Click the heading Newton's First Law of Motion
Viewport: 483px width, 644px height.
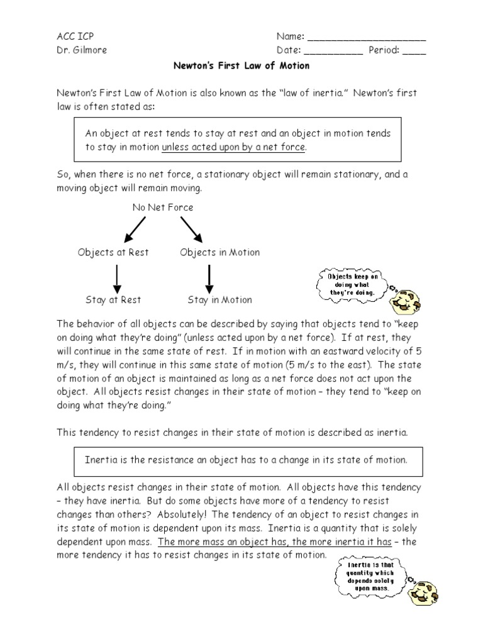(x=241, y=65)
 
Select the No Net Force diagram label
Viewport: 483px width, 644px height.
(x=162, y=207)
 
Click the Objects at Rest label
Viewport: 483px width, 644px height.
(x=113, y=252)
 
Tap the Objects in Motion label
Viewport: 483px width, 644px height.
(x=219, y=252)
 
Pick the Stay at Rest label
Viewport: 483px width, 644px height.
(x=113, y=300)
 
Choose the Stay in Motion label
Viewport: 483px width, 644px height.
(x=219, y=300)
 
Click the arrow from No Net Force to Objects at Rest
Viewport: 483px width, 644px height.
(x=135, y=230)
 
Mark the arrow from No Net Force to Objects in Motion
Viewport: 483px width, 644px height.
(x=191, y=230)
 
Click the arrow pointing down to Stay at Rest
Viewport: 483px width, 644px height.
(x=117, y=276)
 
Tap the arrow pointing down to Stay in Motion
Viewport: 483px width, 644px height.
(x=209, y=276)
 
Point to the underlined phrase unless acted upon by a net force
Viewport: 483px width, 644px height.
(x=233, y=147)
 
